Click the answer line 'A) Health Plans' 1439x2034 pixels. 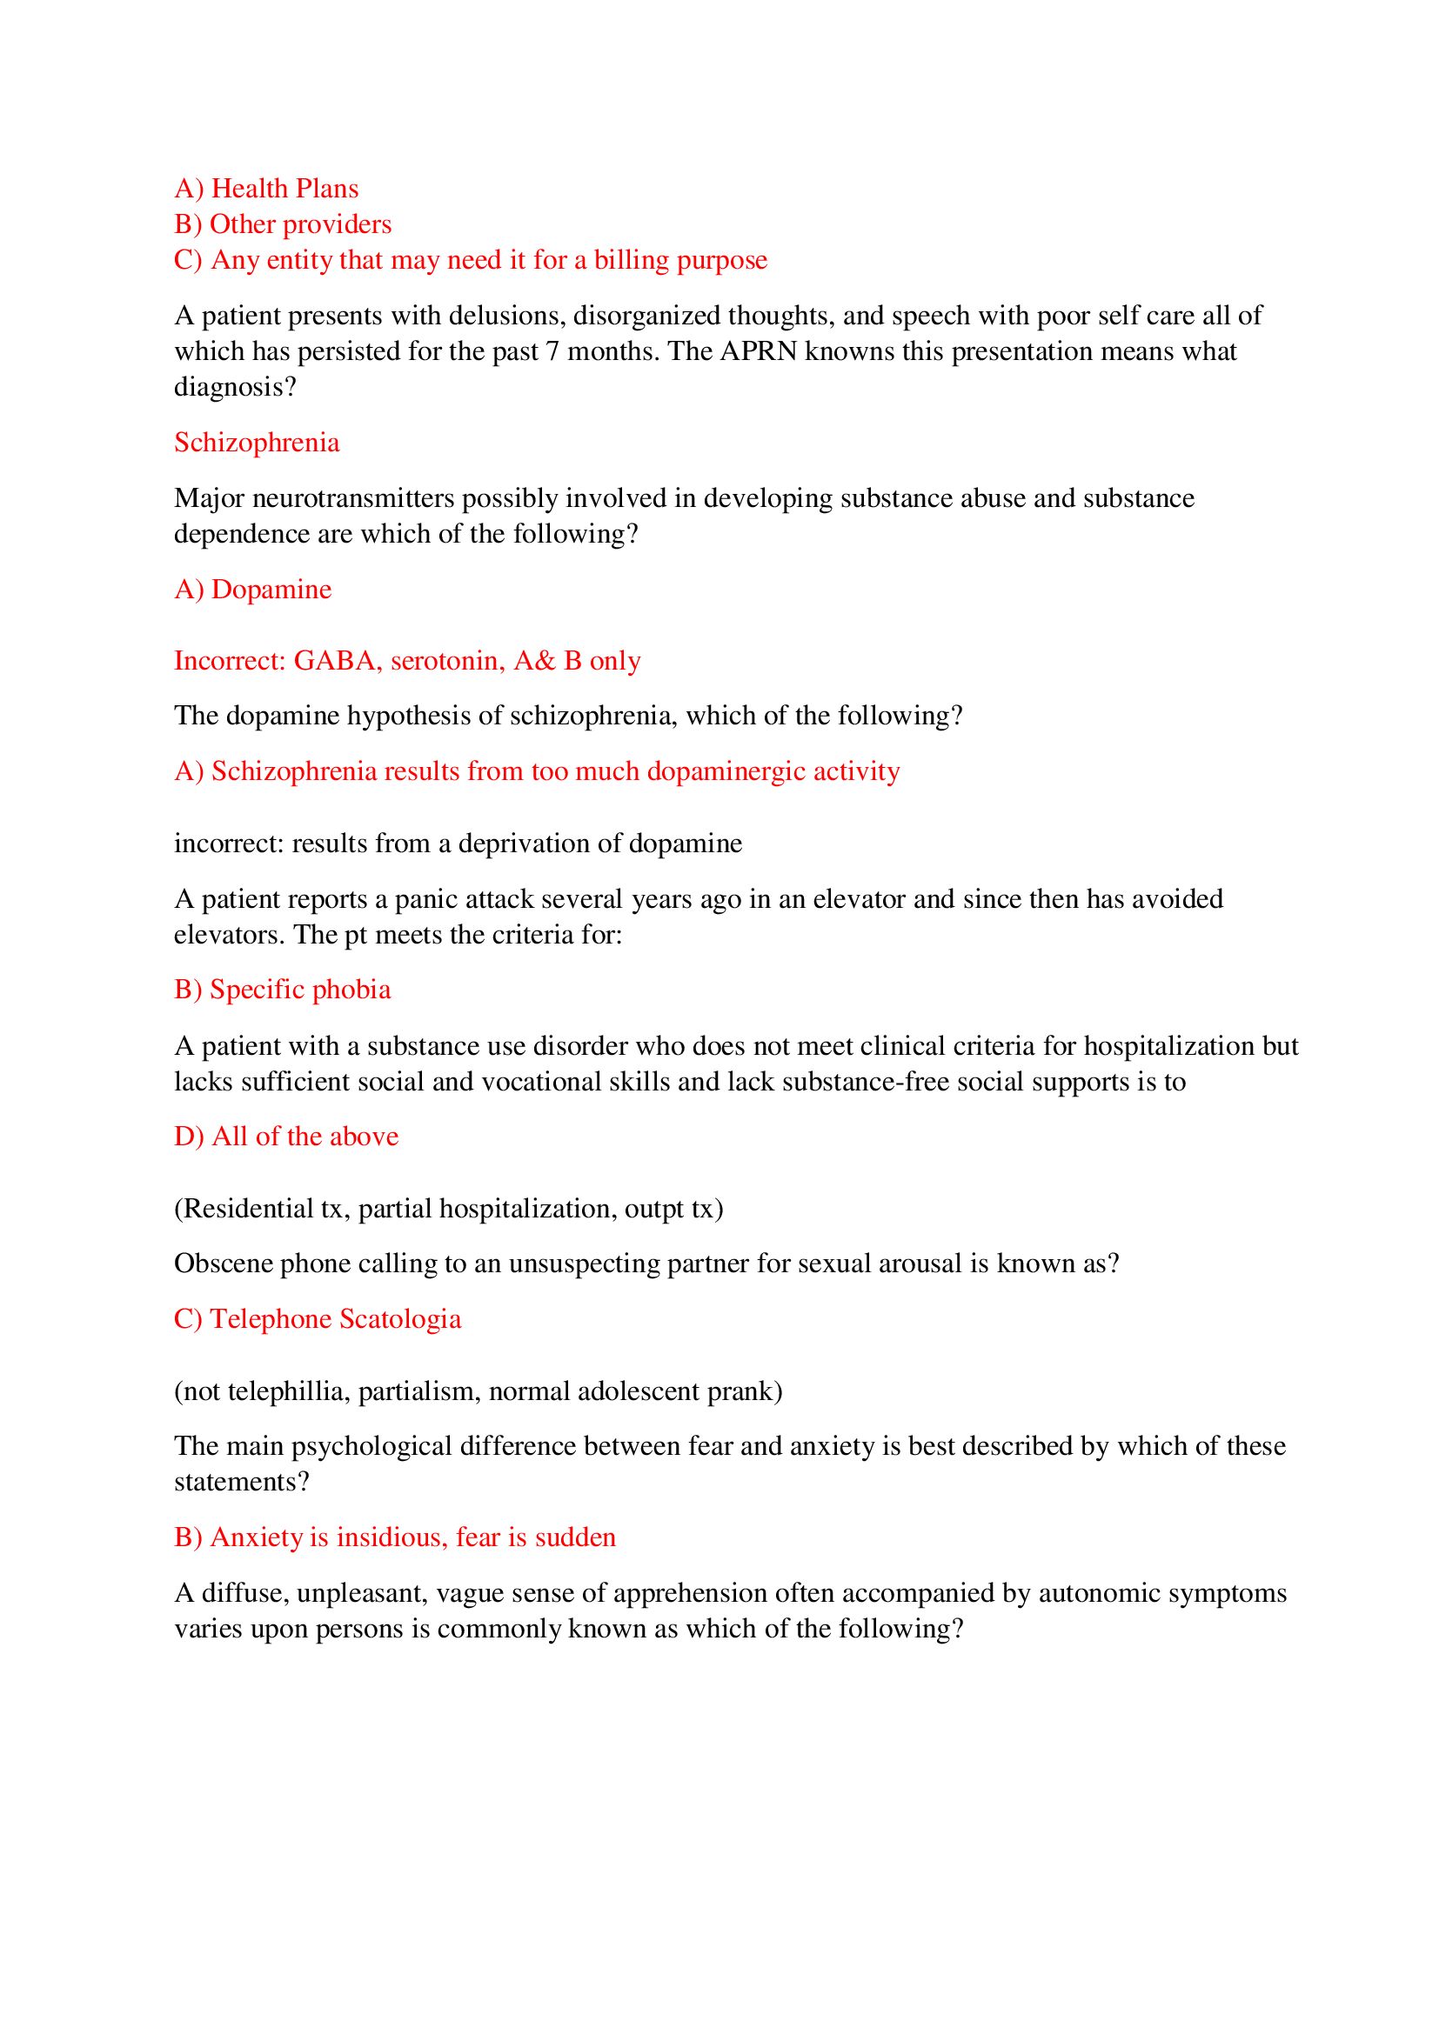click(x=266, y=189)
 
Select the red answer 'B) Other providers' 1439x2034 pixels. click(x=283, y=224)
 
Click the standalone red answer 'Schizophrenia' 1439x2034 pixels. click(x=256, y=442)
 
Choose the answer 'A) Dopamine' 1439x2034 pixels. click(x=252, y=589)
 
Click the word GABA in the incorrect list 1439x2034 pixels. click(x=334, y=661)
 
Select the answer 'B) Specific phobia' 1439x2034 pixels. click(x=282, y=990)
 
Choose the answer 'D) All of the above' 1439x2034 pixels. click(x=286, y=1137)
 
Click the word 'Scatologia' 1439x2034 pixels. click(x=399, y=1319)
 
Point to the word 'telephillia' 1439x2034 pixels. click(x=288, y=1390)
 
